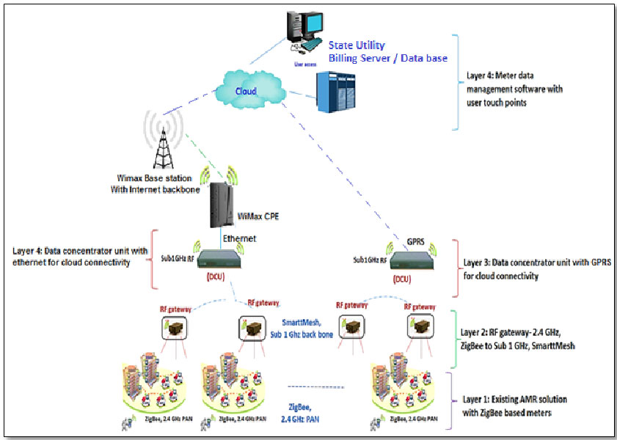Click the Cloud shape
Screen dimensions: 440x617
[x=247, y=91]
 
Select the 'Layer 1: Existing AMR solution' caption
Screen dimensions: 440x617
[x=516, y=405]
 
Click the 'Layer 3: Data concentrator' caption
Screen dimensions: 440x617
[x=526, y=269]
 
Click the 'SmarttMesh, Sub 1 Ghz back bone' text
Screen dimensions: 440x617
[x=302, y=331]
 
